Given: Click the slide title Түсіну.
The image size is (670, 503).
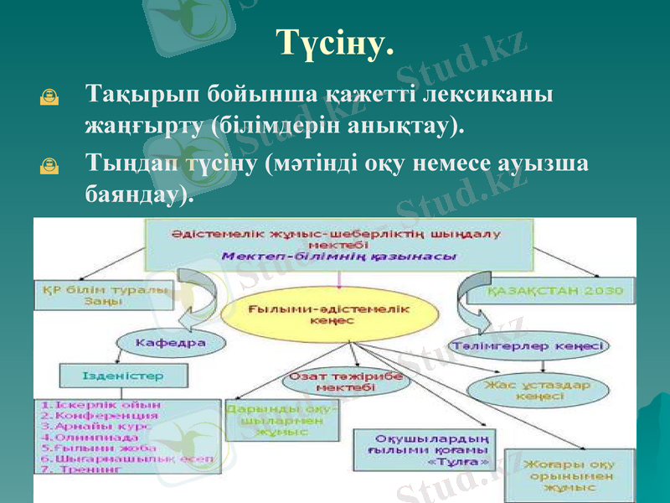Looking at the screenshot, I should pos(334,42).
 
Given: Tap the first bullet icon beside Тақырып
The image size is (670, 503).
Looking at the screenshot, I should pos(49,99).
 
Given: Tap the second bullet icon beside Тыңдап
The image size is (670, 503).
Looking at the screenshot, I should pos(49,168).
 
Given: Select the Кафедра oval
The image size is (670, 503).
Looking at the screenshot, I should pos(160,343).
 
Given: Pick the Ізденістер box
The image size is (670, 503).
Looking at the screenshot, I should pos(123,376).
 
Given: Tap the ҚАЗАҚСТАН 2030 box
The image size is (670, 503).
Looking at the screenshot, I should pos(556,292).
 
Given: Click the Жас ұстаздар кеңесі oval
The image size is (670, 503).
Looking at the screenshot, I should pos(539,391).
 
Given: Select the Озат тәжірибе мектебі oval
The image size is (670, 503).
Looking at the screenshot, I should pos(344,383).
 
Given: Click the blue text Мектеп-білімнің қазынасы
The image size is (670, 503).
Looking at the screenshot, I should pos(339,257).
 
